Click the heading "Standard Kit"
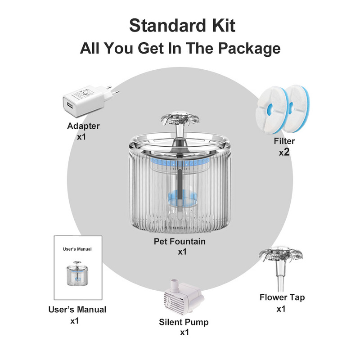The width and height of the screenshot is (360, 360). tap(182, 25)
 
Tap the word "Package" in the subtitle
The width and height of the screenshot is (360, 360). tap(249, 49)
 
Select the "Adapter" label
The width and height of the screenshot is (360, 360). tap(83, 126)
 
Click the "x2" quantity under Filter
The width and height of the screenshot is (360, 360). tap(284, 152)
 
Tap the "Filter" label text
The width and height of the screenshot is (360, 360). tap(284, 141)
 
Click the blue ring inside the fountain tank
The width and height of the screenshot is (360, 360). tap(180, 162)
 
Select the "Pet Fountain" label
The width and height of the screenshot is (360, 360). tap(180, 242)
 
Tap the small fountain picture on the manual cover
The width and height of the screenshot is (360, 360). tap(77, 273)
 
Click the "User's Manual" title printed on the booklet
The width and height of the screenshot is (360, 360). tap(77, 249)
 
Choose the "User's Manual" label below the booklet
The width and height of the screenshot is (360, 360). tap(77, 310)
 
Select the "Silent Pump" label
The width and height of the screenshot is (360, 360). tap(184, 322)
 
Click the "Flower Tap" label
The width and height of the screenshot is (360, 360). tap(282, 297)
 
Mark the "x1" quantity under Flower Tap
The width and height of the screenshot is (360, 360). tap(281, 309)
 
